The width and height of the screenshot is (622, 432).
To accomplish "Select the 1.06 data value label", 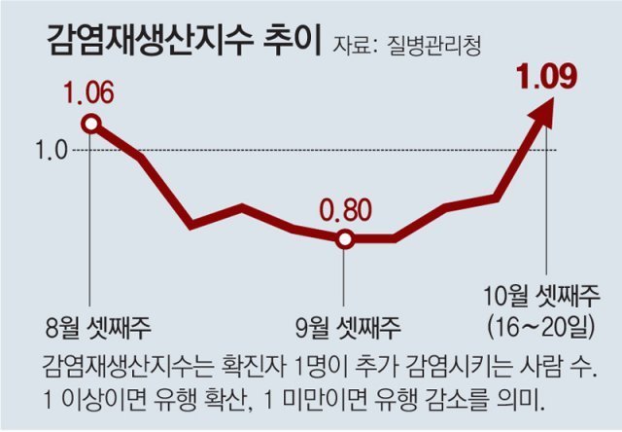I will click(89, 94).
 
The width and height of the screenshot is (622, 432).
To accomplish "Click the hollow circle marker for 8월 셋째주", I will click(90, 124).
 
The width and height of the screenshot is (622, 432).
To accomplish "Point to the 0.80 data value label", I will click(344, 211).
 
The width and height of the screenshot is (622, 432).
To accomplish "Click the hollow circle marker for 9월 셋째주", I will click(344, 238).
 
